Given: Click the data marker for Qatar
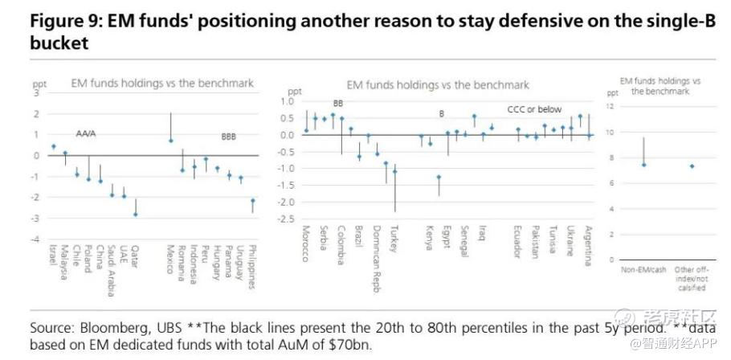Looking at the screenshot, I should pyautogui.click(x=135, y=215).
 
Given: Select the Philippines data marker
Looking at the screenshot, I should pyautogui.click(x=252, y=201).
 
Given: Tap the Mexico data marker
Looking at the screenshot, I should pyautogui.click(x=170, y=141).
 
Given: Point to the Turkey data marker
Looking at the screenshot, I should pyautogui.click(x=394, y=171).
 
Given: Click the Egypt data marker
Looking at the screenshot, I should pyautogui.click(x=439, y=177).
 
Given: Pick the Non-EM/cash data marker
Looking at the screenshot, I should pyautogui.click(x=643, y=165).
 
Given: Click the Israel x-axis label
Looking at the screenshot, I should pyautogui.click(x=53, y=257).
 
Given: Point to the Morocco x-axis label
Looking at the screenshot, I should pyautogui.click(x=305, y=241).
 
